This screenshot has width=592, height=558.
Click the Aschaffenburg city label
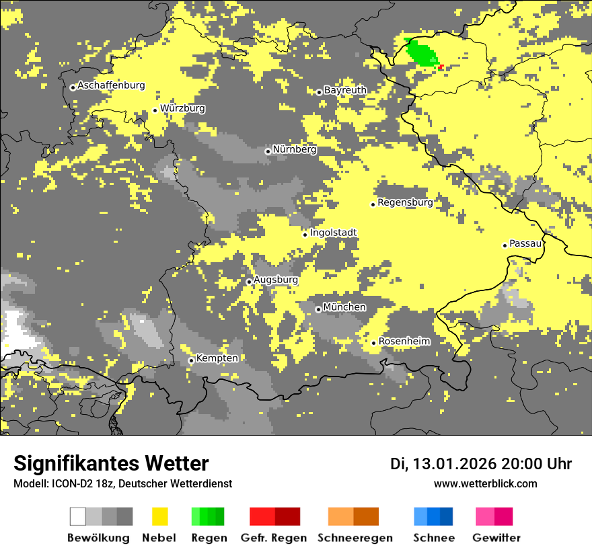coord(111,85)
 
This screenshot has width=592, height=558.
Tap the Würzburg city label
coord(182,108)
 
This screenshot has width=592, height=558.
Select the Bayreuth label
coord(345,90)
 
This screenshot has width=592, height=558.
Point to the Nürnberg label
coord(295,149)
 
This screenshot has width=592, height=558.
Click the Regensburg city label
coord(405,202)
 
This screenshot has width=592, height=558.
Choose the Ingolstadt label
coord(333,233)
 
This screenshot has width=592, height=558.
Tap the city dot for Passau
coord(505,245)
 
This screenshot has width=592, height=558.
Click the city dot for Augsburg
coord(249,282)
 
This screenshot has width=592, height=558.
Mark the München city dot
coord(318,309)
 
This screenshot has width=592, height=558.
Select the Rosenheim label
coord(404,342)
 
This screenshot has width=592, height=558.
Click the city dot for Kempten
coord(191,360)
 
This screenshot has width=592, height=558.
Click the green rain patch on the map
coord(422,52)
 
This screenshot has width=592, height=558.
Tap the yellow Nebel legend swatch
coord(159,516)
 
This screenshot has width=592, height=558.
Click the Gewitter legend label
coord(496,538)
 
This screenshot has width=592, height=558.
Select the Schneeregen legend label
coord(355,538)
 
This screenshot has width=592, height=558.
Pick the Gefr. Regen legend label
coord(273,538)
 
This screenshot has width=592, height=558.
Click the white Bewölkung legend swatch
coord(77,516)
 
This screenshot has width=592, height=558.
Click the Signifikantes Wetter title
coord(111,463)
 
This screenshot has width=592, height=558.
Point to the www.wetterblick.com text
coord(485,484)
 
